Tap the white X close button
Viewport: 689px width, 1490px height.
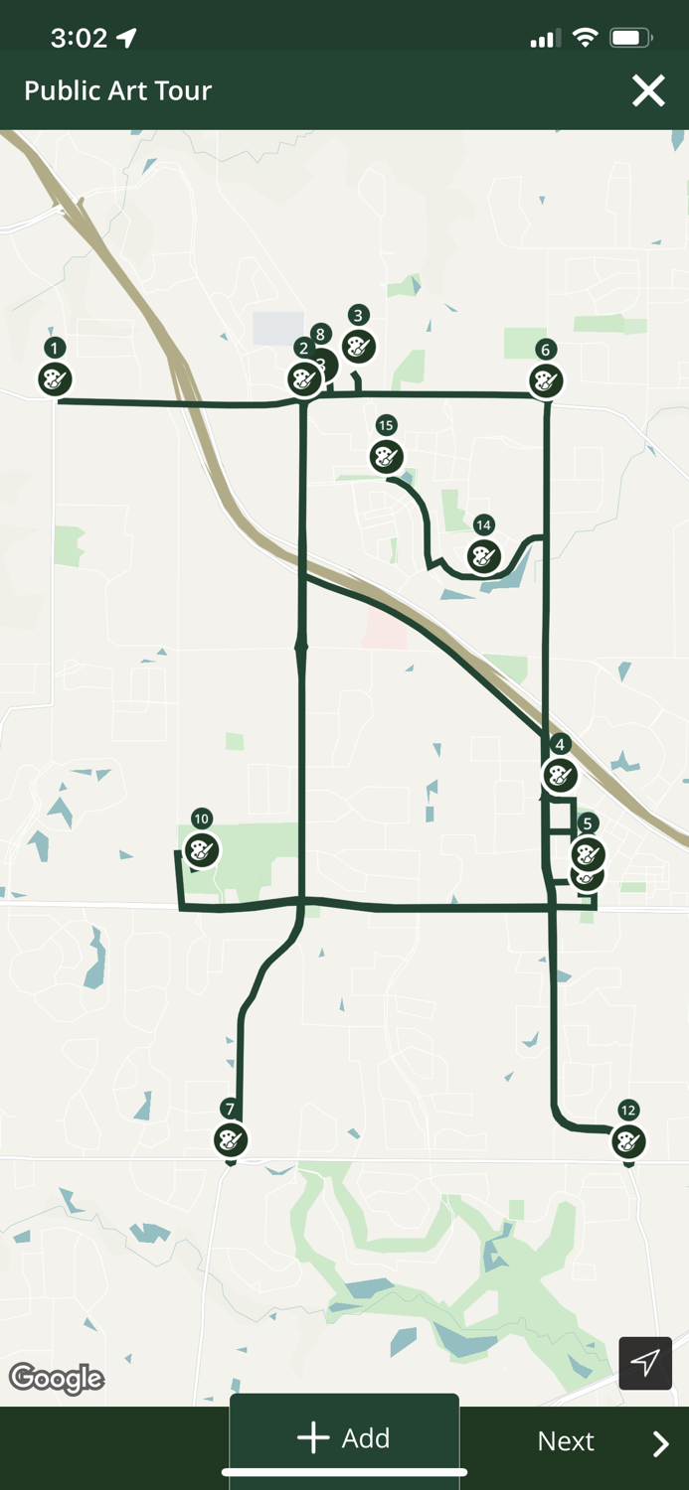click(648, 91)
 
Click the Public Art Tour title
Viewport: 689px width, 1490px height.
click(118, 90)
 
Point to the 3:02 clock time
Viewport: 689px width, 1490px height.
click(79, 38)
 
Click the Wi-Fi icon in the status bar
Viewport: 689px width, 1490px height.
click(586, 38)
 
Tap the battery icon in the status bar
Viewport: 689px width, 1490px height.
click(630, 38)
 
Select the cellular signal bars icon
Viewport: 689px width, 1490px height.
click(542, 40)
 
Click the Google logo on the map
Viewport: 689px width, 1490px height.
click(57, 1378)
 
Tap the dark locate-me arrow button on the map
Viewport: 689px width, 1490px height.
click(645, 1362)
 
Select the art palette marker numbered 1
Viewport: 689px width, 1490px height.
click(55, 378)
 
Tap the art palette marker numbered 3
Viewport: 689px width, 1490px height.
click(358, 346)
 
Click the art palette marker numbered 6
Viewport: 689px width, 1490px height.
click(545, 379)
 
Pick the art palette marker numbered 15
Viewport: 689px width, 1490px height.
click(386, 456)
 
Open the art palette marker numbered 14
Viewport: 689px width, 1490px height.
click(483, 555)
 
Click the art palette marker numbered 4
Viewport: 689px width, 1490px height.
click(560, 775)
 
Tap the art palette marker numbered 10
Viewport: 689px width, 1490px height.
click(202, 850)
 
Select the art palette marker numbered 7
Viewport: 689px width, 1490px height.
click(230, 1138)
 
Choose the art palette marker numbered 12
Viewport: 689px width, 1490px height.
click(627, 1140)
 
